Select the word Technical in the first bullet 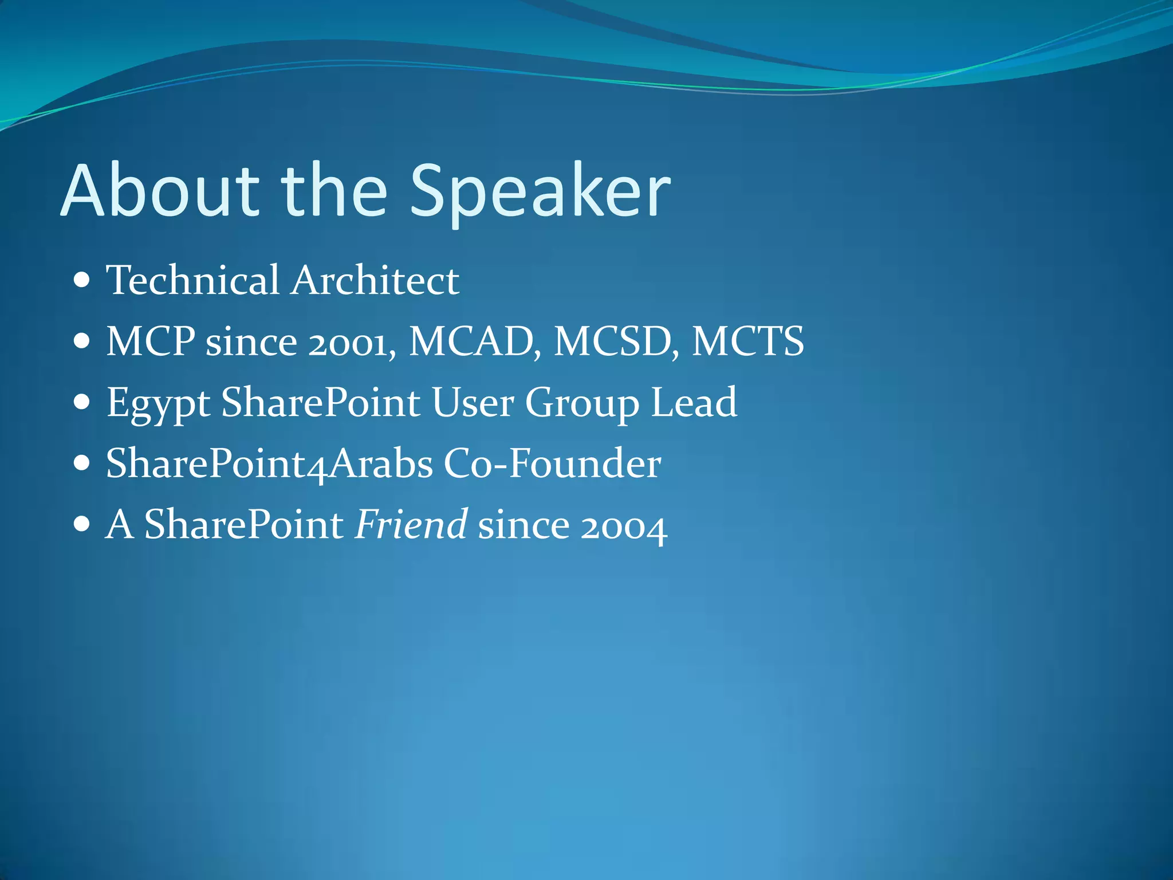tap(192, 280)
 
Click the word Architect tap(375, 280)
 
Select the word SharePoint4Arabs tap(269, 463)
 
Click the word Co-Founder tap(552, 463)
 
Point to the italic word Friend tap(411, 524)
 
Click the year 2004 tap(623, 526)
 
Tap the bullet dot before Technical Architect tap(82, 281)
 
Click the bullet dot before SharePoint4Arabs tap(82, 463)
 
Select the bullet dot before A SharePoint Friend tap(82, 524)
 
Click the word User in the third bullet tap(473, 402)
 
